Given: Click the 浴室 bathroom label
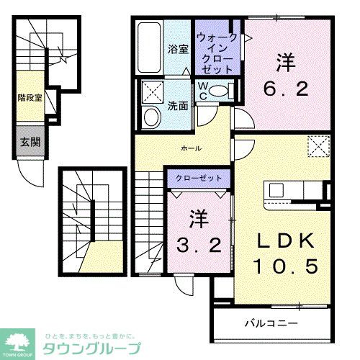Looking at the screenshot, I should pyautogui.click(x=179, y=50).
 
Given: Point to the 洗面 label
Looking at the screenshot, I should pyautogui.click(x=179, y=104).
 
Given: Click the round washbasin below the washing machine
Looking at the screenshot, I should pyautogui.click(x=152, y=117).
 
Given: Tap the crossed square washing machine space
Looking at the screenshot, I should pyautogui.click(x=152, y=91).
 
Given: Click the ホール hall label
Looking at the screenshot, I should pyautogui.click(x=191, y=148).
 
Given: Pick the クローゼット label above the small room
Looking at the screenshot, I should pyautogui.click(x=199, y=176).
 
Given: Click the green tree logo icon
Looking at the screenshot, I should pyautogui.click(x=20, y=340).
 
